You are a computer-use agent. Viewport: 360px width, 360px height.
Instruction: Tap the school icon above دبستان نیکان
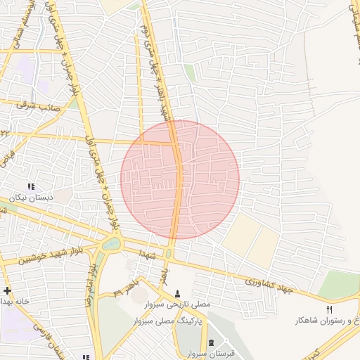tap(31, 186)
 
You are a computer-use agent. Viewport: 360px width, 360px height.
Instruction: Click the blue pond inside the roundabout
tap(111, 244)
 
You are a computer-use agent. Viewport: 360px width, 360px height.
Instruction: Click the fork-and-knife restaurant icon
tap(328, 309)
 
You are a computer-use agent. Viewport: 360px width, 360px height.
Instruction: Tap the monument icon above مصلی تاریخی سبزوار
tap(176, 292)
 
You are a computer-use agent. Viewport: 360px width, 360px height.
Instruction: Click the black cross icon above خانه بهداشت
tap(7, 290)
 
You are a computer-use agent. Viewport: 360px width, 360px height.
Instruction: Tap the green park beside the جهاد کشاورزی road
tap(339, 285)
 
